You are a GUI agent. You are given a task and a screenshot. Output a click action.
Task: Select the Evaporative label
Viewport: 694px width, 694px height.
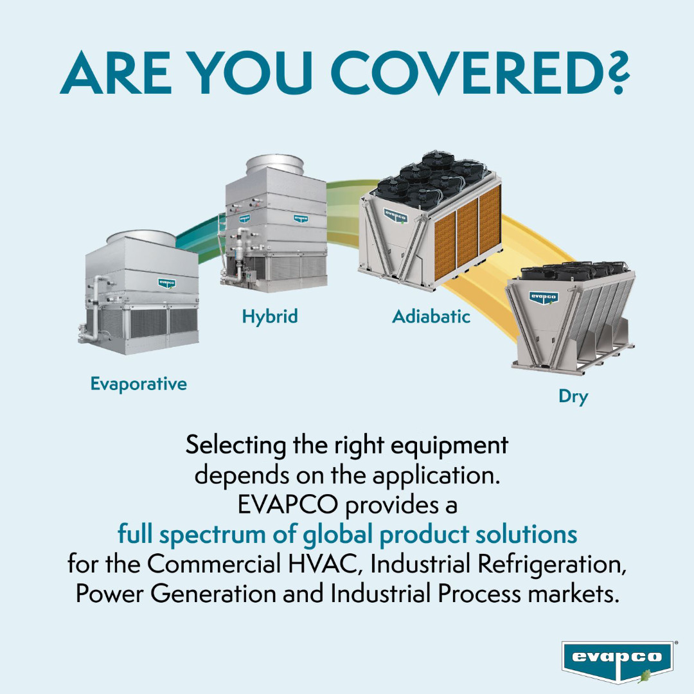point(138,384)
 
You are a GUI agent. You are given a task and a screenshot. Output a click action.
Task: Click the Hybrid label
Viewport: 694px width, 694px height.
point(270,316)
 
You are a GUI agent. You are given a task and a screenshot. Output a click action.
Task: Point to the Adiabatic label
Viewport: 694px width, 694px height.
point(431,316)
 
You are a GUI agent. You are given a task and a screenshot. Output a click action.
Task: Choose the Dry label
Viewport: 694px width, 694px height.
point(573,396)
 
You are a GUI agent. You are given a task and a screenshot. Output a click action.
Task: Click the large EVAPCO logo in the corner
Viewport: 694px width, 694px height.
point(617,660)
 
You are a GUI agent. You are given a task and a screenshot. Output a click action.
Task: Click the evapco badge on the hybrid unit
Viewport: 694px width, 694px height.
point(300,218)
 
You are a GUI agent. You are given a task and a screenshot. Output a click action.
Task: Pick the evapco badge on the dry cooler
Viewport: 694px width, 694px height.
point(543,298)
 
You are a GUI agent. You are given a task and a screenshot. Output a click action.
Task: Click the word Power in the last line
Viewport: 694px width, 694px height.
point(109,594)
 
